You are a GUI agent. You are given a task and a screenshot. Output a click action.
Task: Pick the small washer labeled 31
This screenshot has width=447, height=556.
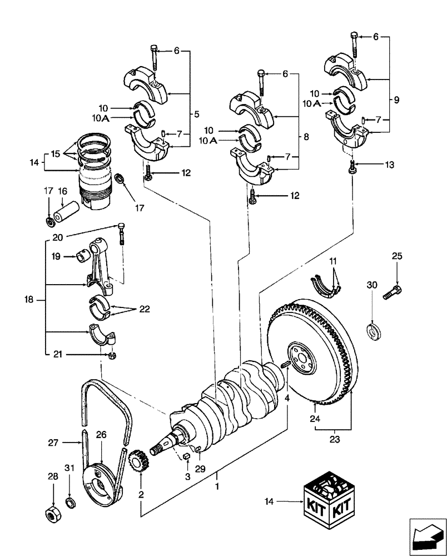click(x=69, y=504)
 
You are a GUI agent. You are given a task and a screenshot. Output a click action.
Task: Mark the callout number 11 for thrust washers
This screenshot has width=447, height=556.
click(x=332, y=262)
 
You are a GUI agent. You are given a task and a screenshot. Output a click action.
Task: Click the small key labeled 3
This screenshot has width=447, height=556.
click(x=188, y=457)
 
